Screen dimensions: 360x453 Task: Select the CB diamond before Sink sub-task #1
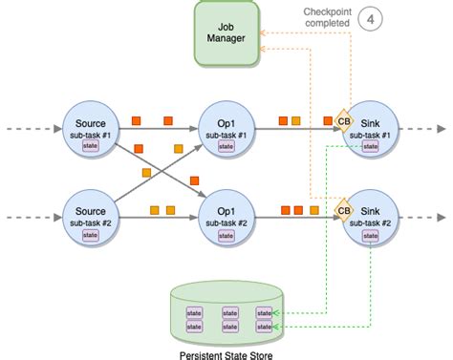coord(343,122)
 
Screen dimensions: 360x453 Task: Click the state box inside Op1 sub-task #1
coord(226,147)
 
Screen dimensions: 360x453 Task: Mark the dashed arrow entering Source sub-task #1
coord(29,128)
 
